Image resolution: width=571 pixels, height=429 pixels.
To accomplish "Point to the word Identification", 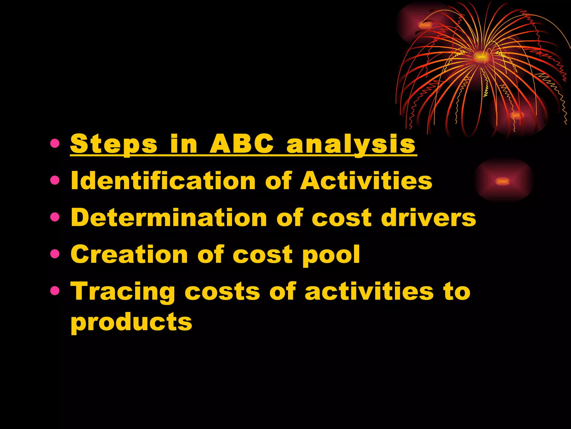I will tap(163, 181).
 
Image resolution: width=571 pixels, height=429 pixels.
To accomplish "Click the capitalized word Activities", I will tap(366, 181).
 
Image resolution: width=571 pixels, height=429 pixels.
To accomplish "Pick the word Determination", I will tap(169, 218).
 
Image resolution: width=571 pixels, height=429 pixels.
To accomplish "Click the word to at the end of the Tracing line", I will tap(457, 292).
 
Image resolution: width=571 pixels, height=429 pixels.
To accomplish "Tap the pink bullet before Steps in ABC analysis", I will tap(55, 144).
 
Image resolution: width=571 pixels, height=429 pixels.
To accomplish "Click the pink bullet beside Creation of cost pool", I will tap(55, 254).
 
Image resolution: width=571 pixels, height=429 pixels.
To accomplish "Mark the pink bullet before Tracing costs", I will tap(55, 291).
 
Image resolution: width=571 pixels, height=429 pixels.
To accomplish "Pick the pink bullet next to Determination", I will tap(55, 217).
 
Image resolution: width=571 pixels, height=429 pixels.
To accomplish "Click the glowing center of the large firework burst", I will tap(480, 57).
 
